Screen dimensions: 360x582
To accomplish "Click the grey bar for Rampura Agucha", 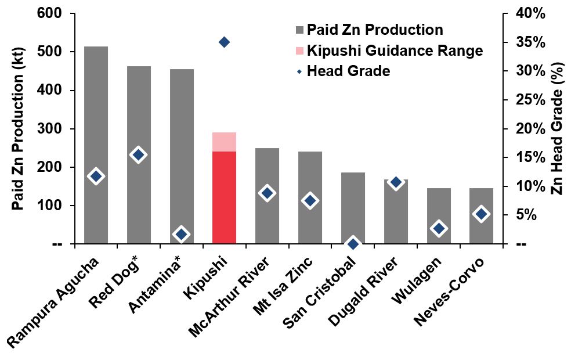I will tap(96, 145).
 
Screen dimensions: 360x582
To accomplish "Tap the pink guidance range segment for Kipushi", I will tap(224, 142).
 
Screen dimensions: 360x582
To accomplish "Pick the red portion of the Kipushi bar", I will tap(224, 197).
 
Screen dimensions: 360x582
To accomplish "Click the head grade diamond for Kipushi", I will tap(224, 42).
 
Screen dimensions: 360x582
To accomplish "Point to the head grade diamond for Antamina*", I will tap(181, 235).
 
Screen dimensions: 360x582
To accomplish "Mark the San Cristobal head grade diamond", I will tap(353, 244).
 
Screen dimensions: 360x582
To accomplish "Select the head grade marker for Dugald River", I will tap(396, 182).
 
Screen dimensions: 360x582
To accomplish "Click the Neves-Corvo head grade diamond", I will tap(481, 214).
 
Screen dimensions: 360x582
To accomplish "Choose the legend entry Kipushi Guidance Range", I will tap(395, 51).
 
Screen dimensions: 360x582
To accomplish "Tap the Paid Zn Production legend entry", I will tap(375, 30).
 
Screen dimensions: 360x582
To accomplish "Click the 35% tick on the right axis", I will tap(530, 42).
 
